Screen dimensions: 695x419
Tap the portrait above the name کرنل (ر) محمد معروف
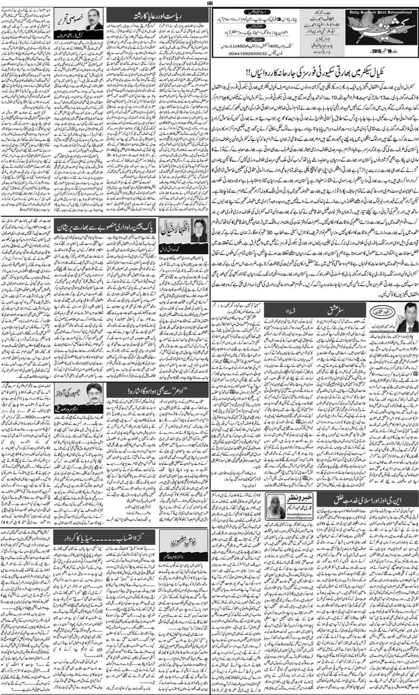[94, 19]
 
